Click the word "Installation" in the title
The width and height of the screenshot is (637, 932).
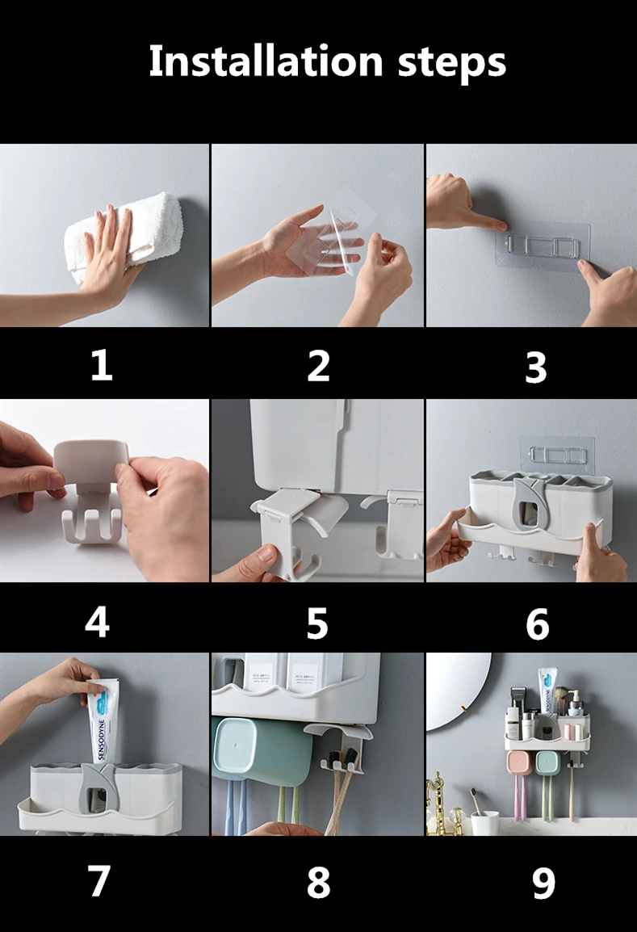266,61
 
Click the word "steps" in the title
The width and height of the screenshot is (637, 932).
451,63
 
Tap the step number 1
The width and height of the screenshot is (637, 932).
102,365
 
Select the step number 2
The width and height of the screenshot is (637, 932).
318,366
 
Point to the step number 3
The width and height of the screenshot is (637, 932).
536,367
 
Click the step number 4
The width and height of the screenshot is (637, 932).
98,622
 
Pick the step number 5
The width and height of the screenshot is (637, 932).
317,623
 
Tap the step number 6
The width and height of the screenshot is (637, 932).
537,624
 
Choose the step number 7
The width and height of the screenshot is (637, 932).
99,880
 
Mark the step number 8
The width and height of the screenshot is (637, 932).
318,882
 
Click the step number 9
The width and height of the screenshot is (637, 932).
543,884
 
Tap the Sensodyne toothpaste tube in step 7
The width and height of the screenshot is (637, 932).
103,720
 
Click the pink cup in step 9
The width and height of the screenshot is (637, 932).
519,765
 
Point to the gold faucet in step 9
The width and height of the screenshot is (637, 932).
437,800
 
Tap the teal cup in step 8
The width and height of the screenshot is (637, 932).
262,749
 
